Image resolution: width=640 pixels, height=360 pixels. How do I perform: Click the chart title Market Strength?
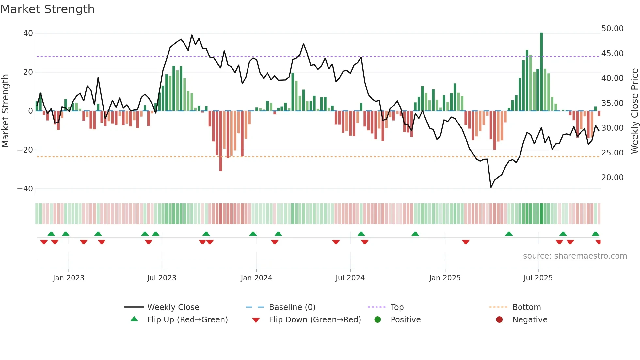(x=47, y=9)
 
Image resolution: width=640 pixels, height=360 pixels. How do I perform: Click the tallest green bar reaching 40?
(x=541, y=72)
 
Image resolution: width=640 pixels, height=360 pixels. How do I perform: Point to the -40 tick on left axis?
(x=25, y=189)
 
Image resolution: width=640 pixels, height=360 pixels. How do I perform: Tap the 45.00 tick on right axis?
(x=612, y=54)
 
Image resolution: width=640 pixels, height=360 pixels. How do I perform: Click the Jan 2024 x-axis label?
(x=256, y=278)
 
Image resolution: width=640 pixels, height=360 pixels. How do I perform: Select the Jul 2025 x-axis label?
(x=538, y=278)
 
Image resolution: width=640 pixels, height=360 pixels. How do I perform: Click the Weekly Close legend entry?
(x=173, y=307)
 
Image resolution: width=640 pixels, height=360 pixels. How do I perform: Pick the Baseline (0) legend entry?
(x=292, y=307)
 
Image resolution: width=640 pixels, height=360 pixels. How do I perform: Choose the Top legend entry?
(x=397, y=307)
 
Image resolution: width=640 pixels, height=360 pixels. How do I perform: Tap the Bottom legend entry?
(x=526, y=307)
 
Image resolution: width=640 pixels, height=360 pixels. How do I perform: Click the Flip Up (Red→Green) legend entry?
(x=187, y=320)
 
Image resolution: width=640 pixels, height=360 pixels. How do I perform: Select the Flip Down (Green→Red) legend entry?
(x=315, y=320)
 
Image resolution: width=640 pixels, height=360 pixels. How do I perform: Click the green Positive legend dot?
(x=378, y=320)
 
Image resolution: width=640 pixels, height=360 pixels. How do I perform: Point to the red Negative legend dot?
(x=499, y=320)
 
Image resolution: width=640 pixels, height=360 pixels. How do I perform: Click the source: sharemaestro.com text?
(x=575, y=256)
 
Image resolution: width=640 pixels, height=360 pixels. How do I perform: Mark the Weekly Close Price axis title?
(x=634, y=111)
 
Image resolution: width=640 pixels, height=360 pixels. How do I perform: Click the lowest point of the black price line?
(x=491, y=187)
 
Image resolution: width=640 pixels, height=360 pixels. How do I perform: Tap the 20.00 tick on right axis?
(x=612, y=178)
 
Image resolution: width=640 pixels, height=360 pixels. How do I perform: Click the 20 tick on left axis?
(x=28, y=72)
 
